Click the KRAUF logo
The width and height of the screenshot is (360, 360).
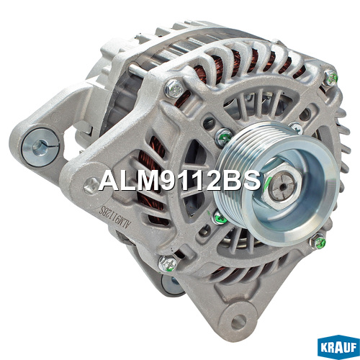click(x=338, y=346)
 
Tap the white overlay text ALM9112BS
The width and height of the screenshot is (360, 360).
click(x=180, y=180)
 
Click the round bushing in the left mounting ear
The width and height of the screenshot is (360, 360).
click(x=40, y=148)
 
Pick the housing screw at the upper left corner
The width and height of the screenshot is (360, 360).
click(x=174, y=89)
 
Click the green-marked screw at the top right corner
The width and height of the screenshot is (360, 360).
click(x=330, y=78)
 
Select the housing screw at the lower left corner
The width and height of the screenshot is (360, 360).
click(x=168, y=264)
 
